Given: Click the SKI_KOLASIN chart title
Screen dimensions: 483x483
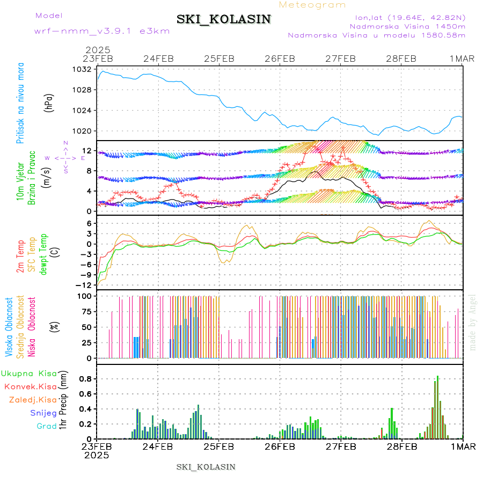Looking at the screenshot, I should point(224,19).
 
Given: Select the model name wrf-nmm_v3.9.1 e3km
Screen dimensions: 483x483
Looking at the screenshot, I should point(86,31).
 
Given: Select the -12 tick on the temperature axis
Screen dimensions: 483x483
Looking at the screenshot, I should point(84,284).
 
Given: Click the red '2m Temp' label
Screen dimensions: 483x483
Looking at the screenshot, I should point(20,257).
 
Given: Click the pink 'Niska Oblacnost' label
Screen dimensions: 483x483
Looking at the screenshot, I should point(32,327).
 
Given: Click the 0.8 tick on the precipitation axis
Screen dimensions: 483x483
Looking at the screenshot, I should point(84,378).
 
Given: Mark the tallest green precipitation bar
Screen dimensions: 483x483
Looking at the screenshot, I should point(438,407).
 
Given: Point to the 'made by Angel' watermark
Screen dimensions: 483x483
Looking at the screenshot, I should point(473,322).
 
